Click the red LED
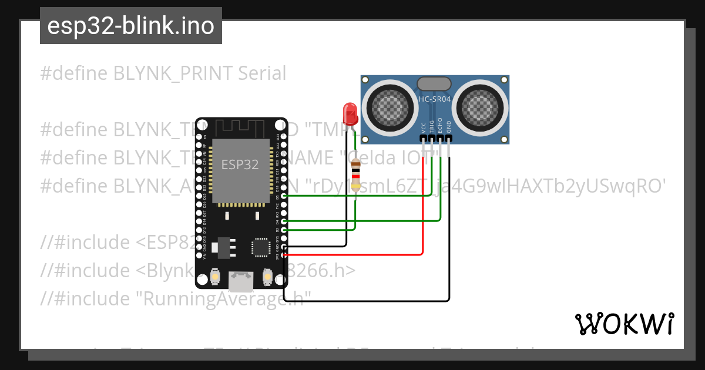(x=350, y=113)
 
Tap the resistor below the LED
(x=355, y=173)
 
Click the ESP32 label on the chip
(x=240, y=164)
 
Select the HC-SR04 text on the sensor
(x=435, y=99)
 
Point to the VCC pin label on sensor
(x=423, y=127)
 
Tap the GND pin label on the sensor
(x=449, y=127)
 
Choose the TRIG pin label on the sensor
(x=432, y=127)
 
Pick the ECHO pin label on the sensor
(x=440, y=127)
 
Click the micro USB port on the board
(x=241, y=282)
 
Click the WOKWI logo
(x=624, y=324)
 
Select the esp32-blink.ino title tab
(x=130, y=26)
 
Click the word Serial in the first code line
(x=262, y=73)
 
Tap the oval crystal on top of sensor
(x=434, y=85)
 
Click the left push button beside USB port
(x=216, y=277)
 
